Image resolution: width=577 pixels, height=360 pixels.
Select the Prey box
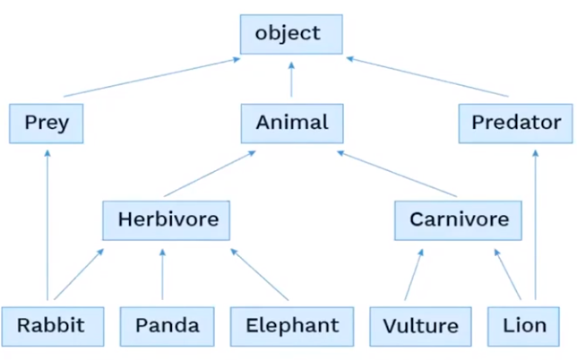46,124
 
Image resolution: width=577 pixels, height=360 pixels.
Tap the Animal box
292,124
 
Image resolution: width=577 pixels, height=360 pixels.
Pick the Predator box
515,124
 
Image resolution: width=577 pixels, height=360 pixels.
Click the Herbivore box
168,219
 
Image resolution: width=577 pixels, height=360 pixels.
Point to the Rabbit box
53,325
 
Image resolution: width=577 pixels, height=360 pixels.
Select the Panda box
168,325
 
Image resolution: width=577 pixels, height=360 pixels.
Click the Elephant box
291,325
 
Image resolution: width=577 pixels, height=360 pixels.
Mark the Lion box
524,325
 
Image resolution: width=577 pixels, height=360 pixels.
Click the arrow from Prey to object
152,77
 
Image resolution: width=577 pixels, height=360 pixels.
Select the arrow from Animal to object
291,79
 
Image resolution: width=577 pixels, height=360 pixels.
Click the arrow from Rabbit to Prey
45,224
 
